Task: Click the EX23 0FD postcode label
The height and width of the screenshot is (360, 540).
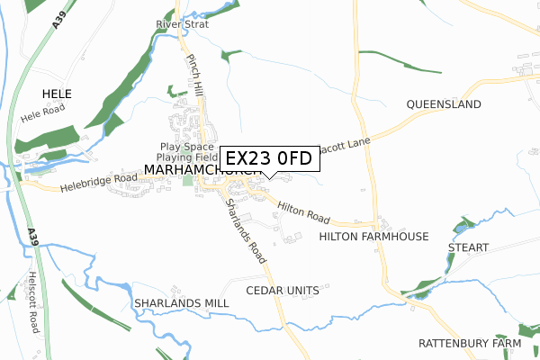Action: point(268,158)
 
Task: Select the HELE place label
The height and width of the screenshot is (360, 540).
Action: point(56,94)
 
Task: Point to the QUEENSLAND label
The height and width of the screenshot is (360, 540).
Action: point(444,104)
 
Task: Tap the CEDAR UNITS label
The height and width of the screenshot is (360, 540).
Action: point(283,291)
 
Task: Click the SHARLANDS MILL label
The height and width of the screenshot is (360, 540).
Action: point(181,303)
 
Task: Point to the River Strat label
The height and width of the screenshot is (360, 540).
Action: point(182,24)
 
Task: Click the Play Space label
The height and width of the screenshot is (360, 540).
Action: point(187,147)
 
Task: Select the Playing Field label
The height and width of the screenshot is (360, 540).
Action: point(186,158)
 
